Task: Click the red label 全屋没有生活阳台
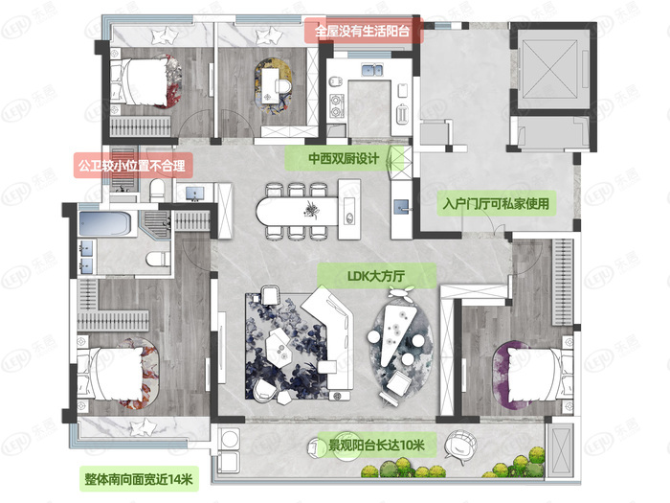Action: pos(363,31)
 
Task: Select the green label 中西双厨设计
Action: pos(344,158)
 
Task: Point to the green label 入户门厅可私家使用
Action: pos(497,204)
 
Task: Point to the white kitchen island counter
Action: pos(297,209)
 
